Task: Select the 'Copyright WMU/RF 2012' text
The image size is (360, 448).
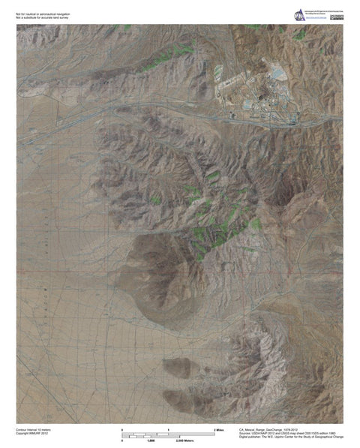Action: pos(34,433)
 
